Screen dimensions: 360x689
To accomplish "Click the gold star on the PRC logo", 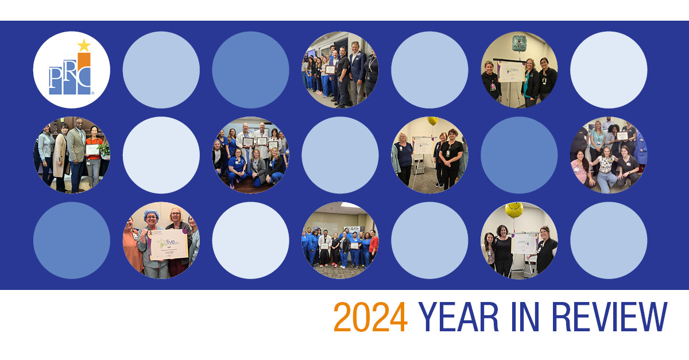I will (84, 45).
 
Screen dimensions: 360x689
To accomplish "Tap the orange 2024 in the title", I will (370, 318).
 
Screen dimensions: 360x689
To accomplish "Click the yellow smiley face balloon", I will (514, 210).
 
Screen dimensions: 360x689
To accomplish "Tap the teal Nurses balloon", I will (520, 42).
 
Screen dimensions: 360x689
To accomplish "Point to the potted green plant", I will (105, 150).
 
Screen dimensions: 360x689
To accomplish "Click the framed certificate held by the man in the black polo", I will (330, 69).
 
